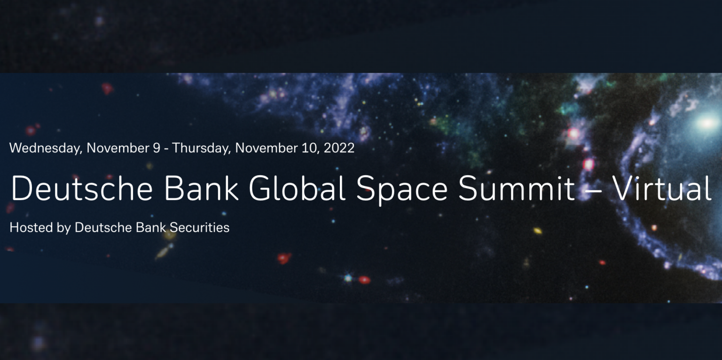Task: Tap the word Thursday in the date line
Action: [x=202, y=148]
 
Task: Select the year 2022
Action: [x=338, y=148]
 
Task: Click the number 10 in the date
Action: [x=308, y=148]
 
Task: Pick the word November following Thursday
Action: [x=266, y=148]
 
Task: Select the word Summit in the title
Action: [x=517, y=189]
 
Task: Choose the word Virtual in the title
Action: [x=663, y=189]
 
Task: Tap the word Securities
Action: [x=200, y=227]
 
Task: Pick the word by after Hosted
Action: [x=64, y=227]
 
